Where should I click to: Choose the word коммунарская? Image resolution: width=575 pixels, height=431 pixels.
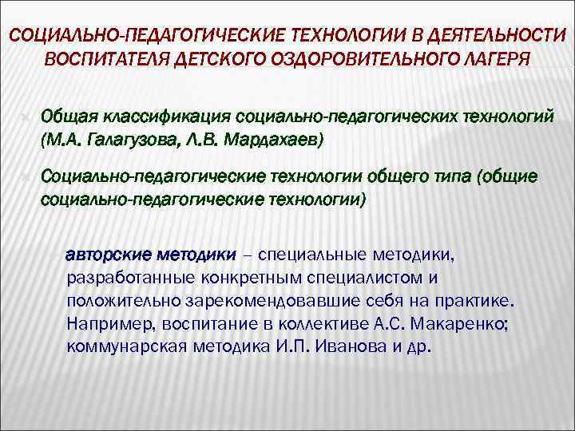(x=122, y=349)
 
